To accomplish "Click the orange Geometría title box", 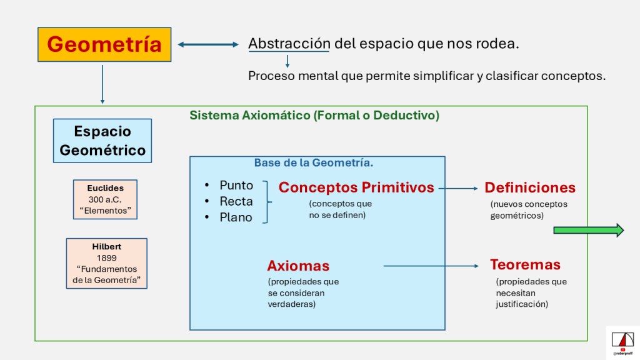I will click(x=104, y=44).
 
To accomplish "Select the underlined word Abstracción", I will click(x=289, y=44).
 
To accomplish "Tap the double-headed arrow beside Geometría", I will click(x=209, y=44).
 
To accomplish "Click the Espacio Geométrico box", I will click(x=102, y=141).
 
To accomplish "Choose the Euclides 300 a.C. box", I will click(x=105, y=199).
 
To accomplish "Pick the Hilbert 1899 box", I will click(x=106, y=263).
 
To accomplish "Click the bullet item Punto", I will click(x=236, y=186).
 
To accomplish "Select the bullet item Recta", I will click(x=236, y=201).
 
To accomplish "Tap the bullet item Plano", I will click(x=236, y=217).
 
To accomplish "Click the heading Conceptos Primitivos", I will click(x=356, y=187).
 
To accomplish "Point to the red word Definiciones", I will click(x=530, y=187).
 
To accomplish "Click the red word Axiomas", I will click(x=298, y=266).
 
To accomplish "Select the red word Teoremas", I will click(x=525, y=264).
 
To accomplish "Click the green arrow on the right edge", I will click(x=588, y=231).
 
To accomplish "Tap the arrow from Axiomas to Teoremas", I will click(x=431, y=266).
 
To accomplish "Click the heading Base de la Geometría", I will click(x=314, y=163).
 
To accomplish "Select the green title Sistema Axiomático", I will click(x=314, y=116).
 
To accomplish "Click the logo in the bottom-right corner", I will click(x=622, y=342).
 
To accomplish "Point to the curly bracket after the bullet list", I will click(x=267, y=202).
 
